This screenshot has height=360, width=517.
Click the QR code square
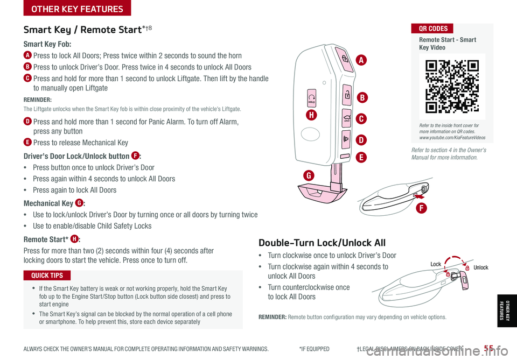coord(452,86)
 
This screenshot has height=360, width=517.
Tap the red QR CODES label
coord(432,29)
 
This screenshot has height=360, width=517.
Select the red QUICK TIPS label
coord(47,276)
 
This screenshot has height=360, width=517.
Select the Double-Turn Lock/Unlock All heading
coord(322,243)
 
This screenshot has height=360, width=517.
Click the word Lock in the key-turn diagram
coord(436,264)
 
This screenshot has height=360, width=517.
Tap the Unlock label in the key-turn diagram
coord(481,267)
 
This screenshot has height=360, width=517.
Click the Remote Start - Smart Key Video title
coord(447,44)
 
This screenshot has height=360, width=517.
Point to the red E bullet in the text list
coord(27,143)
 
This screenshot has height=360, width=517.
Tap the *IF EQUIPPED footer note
coord(314,349)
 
